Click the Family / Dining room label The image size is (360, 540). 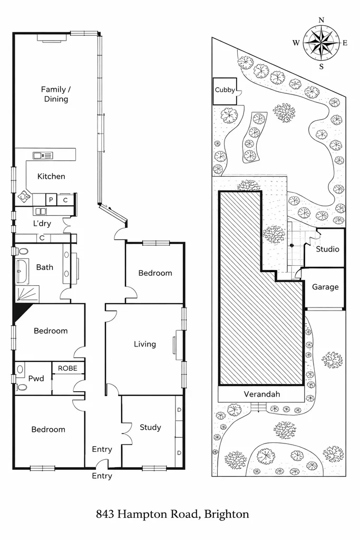point(55,94)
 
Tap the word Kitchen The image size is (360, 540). point(51,176)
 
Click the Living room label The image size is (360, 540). point(144,344)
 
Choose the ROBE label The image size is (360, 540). point(67,368)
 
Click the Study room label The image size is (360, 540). point(150,427)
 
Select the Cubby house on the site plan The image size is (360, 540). point(225,90)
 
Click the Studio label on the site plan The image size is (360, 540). point(327,249)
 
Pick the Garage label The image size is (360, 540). point(325,287)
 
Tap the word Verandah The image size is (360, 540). point(261,394)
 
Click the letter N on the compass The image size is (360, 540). point(322,21)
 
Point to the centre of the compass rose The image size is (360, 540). point(321,43)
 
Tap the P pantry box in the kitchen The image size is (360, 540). point(51,199)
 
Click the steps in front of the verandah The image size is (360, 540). point(258,407)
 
